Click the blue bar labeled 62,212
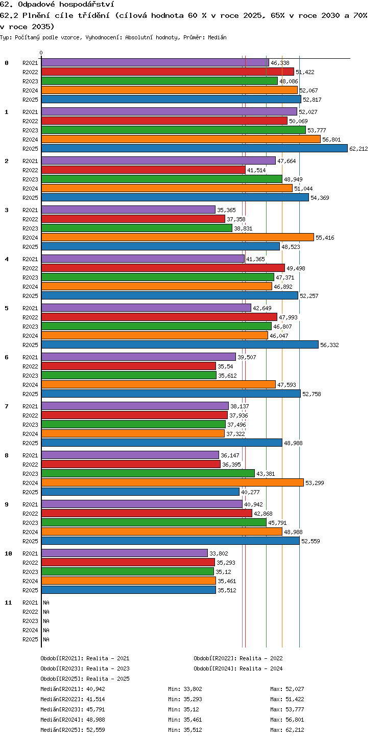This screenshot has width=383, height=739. [195, 148]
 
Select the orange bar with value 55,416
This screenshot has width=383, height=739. [178, 237]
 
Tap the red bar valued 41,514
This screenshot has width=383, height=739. [143, 170]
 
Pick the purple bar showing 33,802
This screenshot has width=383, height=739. [125, 553]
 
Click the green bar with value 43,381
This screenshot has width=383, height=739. [148, 473]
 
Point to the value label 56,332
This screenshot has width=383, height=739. [329, 345]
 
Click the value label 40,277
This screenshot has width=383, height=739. [251, 492]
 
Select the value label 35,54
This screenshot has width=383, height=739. [225, 366]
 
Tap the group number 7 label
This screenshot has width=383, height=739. [7, 406]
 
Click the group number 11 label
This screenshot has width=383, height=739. [8, 603]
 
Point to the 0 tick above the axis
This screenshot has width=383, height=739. [41, 53]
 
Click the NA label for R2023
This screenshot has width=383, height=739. [46, 621]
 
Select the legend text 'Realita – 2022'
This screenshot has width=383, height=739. [261, 658]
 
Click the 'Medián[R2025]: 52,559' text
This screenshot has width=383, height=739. [73, 730]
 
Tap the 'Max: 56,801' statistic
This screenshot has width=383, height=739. [287, 720]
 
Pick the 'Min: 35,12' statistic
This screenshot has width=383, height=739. [184, 709]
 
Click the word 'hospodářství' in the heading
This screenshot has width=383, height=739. [87, 5]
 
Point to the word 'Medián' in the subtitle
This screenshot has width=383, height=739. [217, 37]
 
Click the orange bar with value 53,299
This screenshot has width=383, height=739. [173, 482]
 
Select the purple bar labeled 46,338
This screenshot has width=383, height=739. [155, 63]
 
